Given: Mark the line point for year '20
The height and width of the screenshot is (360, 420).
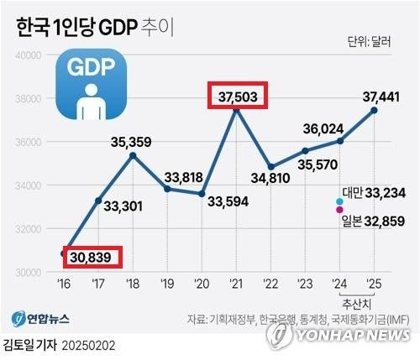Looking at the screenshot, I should tap(202, 194).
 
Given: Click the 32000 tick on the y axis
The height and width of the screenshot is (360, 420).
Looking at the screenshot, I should tap(28, 229).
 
